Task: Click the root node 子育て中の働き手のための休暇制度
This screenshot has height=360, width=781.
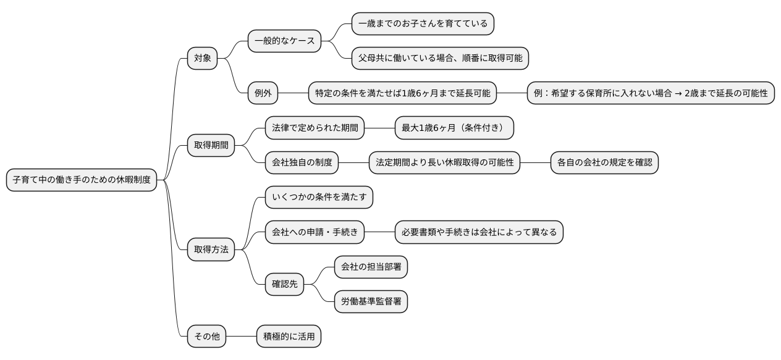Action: [x=82, y=180]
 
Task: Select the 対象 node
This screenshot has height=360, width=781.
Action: [x=203, y=59]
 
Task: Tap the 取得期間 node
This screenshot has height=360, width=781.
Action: [x=211, y=146]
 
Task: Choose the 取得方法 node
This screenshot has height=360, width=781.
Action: [x=211, y=250]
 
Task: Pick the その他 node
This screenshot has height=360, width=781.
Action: [x=207, y=337]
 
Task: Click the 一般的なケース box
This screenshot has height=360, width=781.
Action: [x=284, y=41]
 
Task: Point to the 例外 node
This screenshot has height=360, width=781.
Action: [x=263, y=94]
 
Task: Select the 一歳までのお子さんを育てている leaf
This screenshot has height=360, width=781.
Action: [x=423, y=24]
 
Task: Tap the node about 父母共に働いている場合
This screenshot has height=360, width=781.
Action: [x=440, y=59]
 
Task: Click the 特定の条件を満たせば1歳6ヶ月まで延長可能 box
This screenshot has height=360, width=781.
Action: [x=402, y=94]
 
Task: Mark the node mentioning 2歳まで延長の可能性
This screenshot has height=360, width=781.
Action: [x=651, y=94]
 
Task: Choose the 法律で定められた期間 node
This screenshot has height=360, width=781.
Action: [x=315, y=128]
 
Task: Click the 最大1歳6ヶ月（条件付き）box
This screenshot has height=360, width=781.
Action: [x=454, y=128]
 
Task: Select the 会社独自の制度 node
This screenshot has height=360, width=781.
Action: [x=302, y=163]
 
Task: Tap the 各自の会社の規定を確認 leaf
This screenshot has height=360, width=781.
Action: [x=604, y=163]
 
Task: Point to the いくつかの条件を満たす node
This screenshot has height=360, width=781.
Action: [x=319, y=198]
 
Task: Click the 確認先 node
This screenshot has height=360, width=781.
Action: [x=285, y=285]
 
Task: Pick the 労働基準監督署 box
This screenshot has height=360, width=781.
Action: [x=371, y=302]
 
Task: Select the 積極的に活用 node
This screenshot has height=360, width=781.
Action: [x=289, y=337]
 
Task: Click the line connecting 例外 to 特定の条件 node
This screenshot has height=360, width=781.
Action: [x=293, y=94]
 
